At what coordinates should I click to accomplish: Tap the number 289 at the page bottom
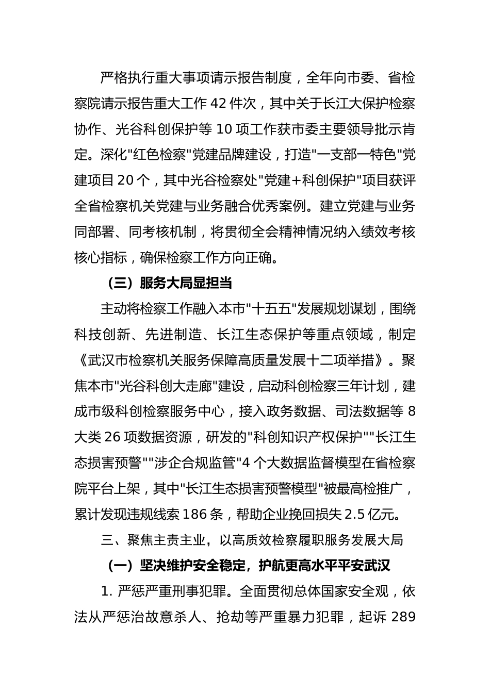tap(404, 617)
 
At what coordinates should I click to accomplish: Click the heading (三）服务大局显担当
tap(169, 283)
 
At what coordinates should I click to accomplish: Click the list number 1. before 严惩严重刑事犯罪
tap(106, 591)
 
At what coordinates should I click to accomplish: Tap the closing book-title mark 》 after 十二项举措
tap(380, 360)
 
